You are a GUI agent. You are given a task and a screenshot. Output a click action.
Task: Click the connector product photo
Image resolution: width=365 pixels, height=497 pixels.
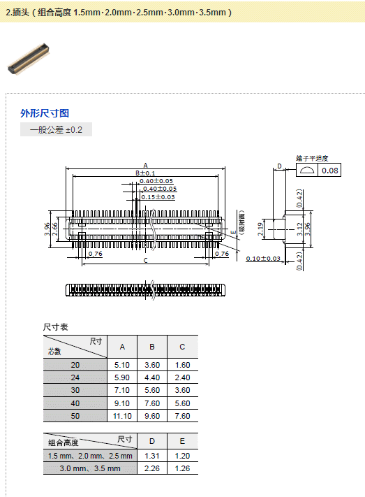28,59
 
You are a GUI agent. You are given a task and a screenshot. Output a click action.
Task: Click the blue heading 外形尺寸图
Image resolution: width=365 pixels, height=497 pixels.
45,113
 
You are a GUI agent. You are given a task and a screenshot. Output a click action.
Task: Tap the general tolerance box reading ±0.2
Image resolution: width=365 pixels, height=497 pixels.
56,129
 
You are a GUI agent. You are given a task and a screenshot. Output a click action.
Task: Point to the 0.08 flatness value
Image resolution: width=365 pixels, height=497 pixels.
330,171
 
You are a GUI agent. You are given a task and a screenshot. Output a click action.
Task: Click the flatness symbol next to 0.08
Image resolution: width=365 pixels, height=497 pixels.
307,170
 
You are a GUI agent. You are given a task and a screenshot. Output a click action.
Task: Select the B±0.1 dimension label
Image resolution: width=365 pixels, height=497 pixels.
145,173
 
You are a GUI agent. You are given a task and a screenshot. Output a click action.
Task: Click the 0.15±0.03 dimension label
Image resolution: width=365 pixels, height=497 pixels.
158,197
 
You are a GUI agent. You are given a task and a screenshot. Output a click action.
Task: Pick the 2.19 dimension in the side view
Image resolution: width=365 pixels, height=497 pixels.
260,229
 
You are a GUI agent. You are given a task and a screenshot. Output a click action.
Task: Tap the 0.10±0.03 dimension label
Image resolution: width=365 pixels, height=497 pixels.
263,259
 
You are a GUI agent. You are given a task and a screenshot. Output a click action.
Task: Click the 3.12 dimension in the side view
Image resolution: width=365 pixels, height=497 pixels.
299,229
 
